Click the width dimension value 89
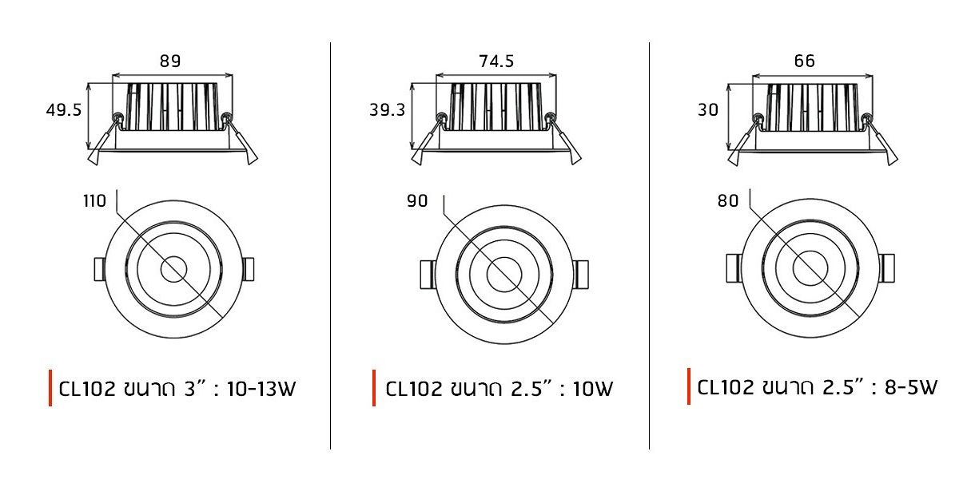170,61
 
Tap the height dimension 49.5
64,110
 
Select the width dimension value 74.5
496,61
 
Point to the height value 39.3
388,110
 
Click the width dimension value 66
804,61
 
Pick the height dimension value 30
708,110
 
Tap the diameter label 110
95,201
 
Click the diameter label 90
417,201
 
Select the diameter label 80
728,201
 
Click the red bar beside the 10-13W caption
50,388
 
